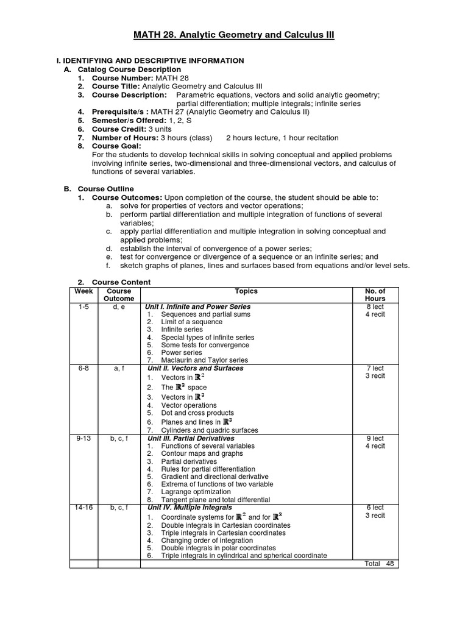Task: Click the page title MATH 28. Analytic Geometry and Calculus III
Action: point(234,36)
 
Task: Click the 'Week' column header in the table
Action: point(84,291)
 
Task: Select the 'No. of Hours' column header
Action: point(375,295)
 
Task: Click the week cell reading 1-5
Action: point(84,307)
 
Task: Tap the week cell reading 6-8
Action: point(84,369)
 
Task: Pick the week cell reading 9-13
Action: point(84,439)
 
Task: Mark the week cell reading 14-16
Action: point(84,508)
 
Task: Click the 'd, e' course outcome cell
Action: point(119,307)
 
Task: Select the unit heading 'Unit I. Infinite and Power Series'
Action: point(198,307)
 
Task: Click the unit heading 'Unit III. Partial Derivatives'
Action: point(191,438)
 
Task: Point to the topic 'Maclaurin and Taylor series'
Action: point(205,360)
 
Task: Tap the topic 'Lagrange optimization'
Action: point(196,492)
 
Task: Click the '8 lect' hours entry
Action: point(375,307)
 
